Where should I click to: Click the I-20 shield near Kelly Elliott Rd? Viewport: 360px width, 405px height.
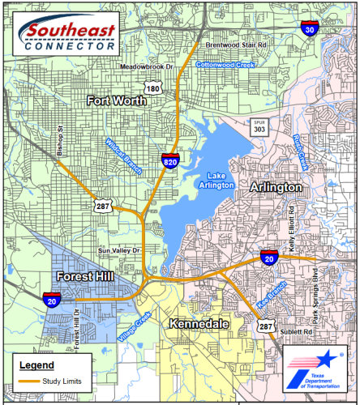[x=272, y=258]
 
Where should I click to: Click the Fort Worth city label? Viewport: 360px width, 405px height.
[x=118, y=101]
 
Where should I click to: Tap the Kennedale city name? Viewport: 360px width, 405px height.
[x=199, y=324]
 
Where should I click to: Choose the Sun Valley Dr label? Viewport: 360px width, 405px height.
[x=118, y=251]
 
